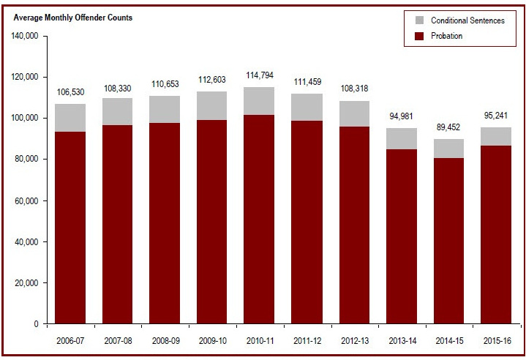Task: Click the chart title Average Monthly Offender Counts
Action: tap(73, 17)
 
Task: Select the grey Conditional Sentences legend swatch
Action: tap(420, 20)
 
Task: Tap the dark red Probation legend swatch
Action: tap(420, 36)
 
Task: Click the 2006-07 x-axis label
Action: tap(70, 340)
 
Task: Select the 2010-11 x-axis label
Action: tap(259, 340)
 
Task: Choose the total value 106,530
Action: tap(70, 92)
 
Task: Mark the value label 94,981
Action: tap(401, 117)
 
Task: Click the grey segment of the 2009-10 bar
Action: tap(212, 105)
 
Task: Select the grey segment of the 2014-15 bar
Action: tap(448, 149)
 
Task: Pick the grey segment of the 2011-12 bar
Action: tap(307, 107)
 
